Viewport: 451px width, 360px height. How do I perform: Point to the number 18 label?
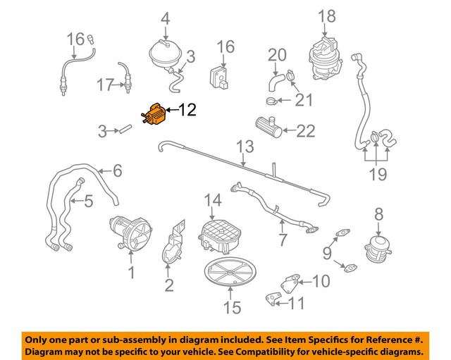point(326,15)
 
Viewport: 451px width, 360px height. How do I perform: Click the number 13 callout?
point(244,147)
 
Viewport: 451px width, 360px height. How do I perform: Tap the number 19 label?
point(378,173)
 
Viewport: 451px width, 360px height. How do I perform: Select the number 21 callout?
point(303,100)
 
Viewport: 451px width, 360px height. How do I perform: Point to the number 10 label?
point(320,282)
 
